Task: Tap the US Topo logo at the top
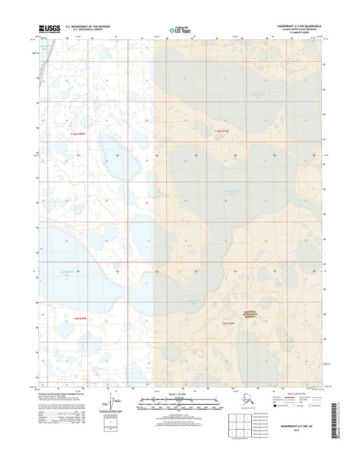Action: (180, 30)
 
